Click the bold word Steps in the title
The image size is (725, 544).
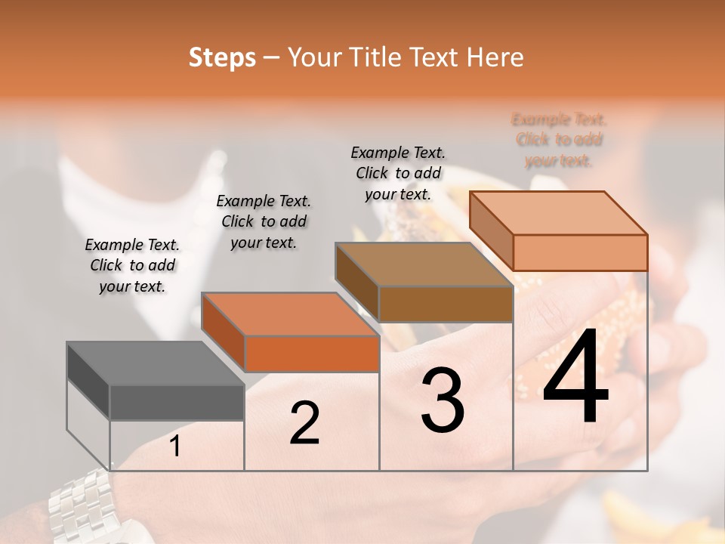point(222,57)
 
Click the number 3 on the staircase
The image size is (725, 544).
point(443,401)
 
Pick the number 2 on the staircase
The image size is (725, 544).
point(304,424)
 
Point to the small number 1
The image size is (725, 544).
point(175,447)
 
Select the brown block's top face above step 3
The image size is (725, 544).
point(424,265)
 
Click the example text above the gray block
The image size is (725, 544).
point(132,265)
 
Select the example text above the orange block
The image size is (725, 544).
point(264,221)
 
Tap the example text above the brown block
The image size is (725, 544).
point(398,173)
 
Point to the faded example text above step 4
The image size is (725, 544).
point(559,140)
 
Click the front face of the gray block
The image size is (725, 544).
point(177,402)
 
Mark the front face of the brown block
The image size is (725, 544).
point(446,304)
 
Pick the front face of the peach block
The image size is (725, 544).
point(580,252)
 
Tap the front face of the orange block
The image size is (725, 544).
point(311,354)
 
